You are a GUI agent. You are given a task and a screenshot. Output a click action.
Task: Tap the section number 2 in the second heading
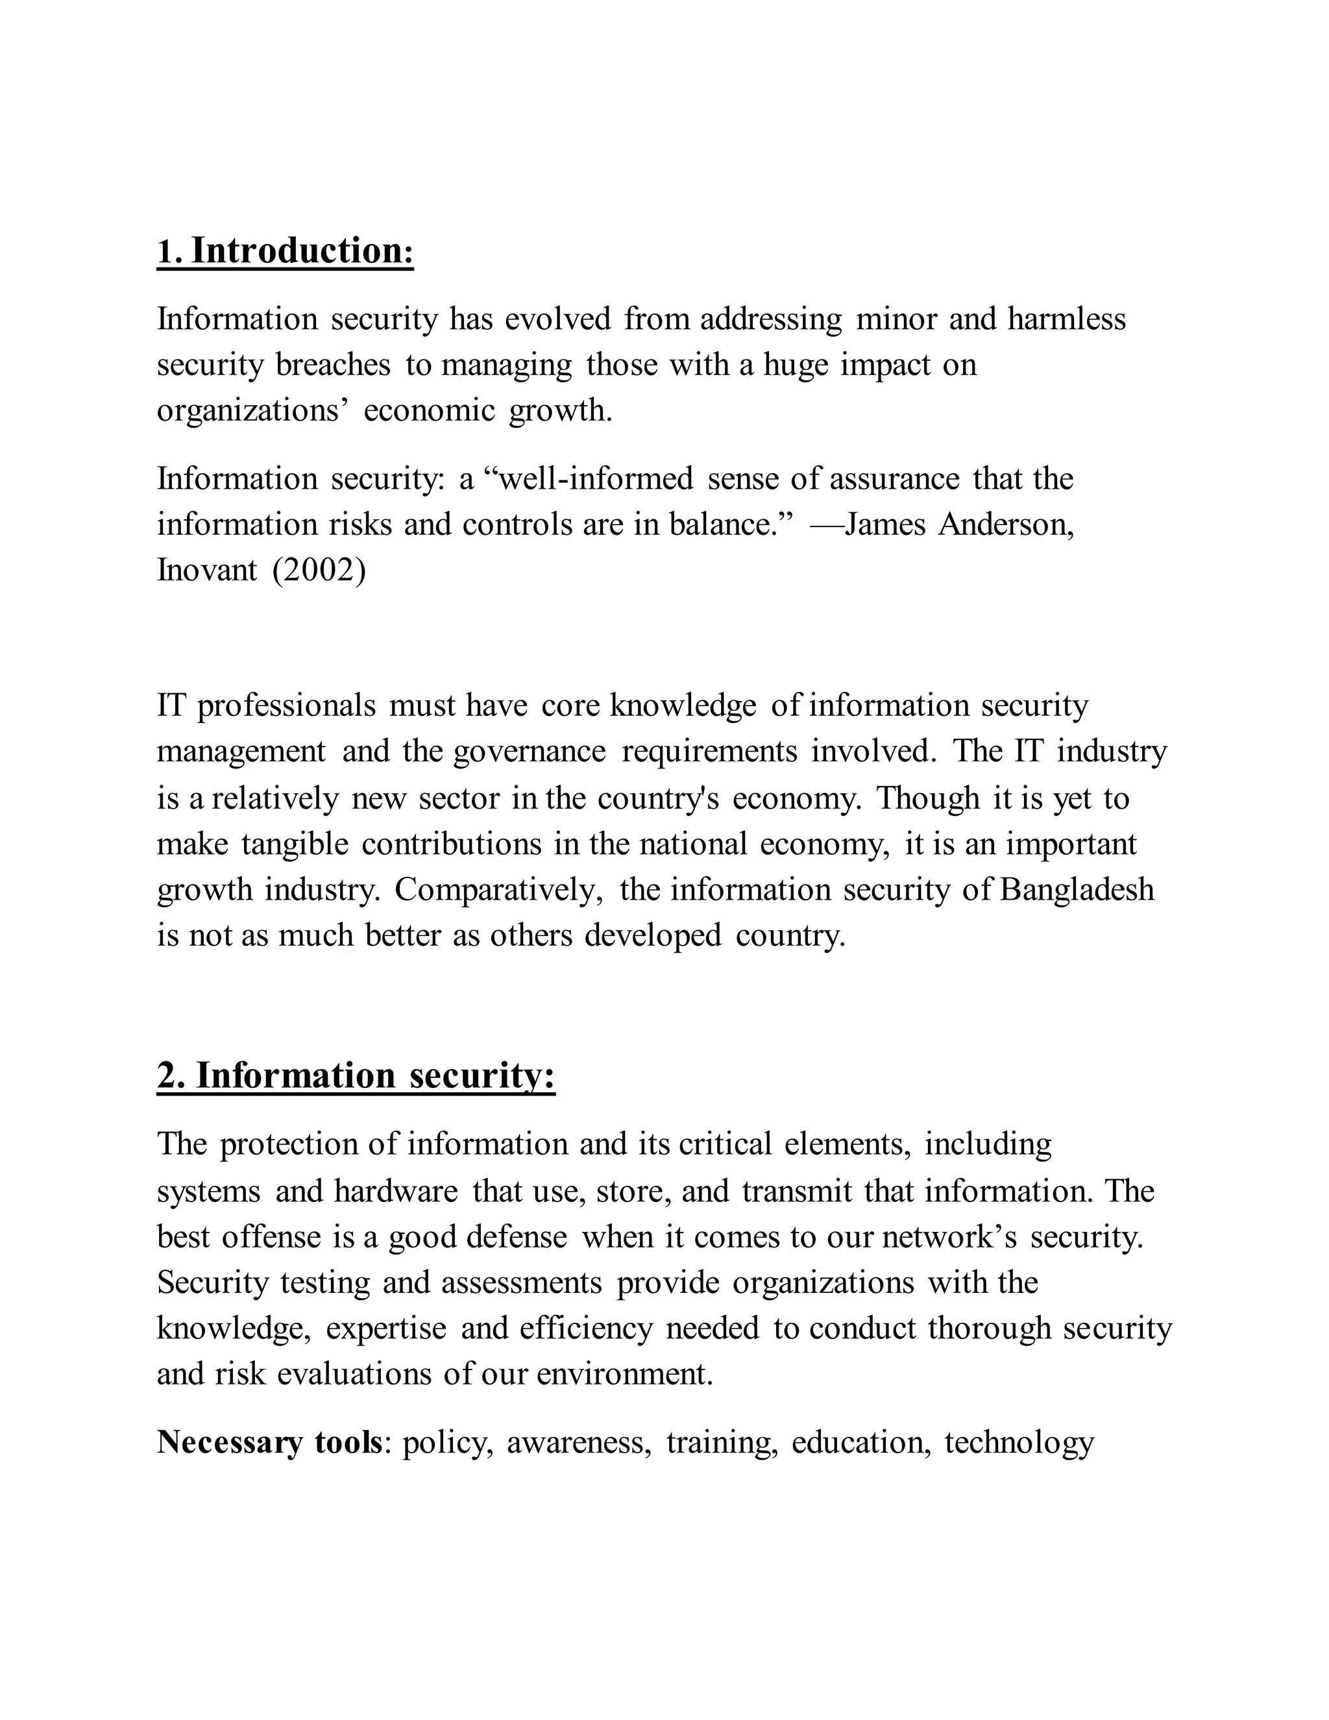[x=167, y=1075]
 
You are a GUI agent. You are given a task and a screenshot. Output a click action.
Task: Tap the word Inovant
[x=207, y=570]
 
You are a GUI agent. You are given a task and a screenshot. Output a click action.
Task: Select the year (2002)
[x=319, y=570]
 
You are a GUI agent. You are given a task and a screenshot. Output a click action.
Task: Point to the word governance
[x=530, y=752]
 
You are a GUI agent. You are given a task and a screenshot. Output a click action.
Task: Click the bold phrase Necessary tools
[x=269, y=1443]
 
